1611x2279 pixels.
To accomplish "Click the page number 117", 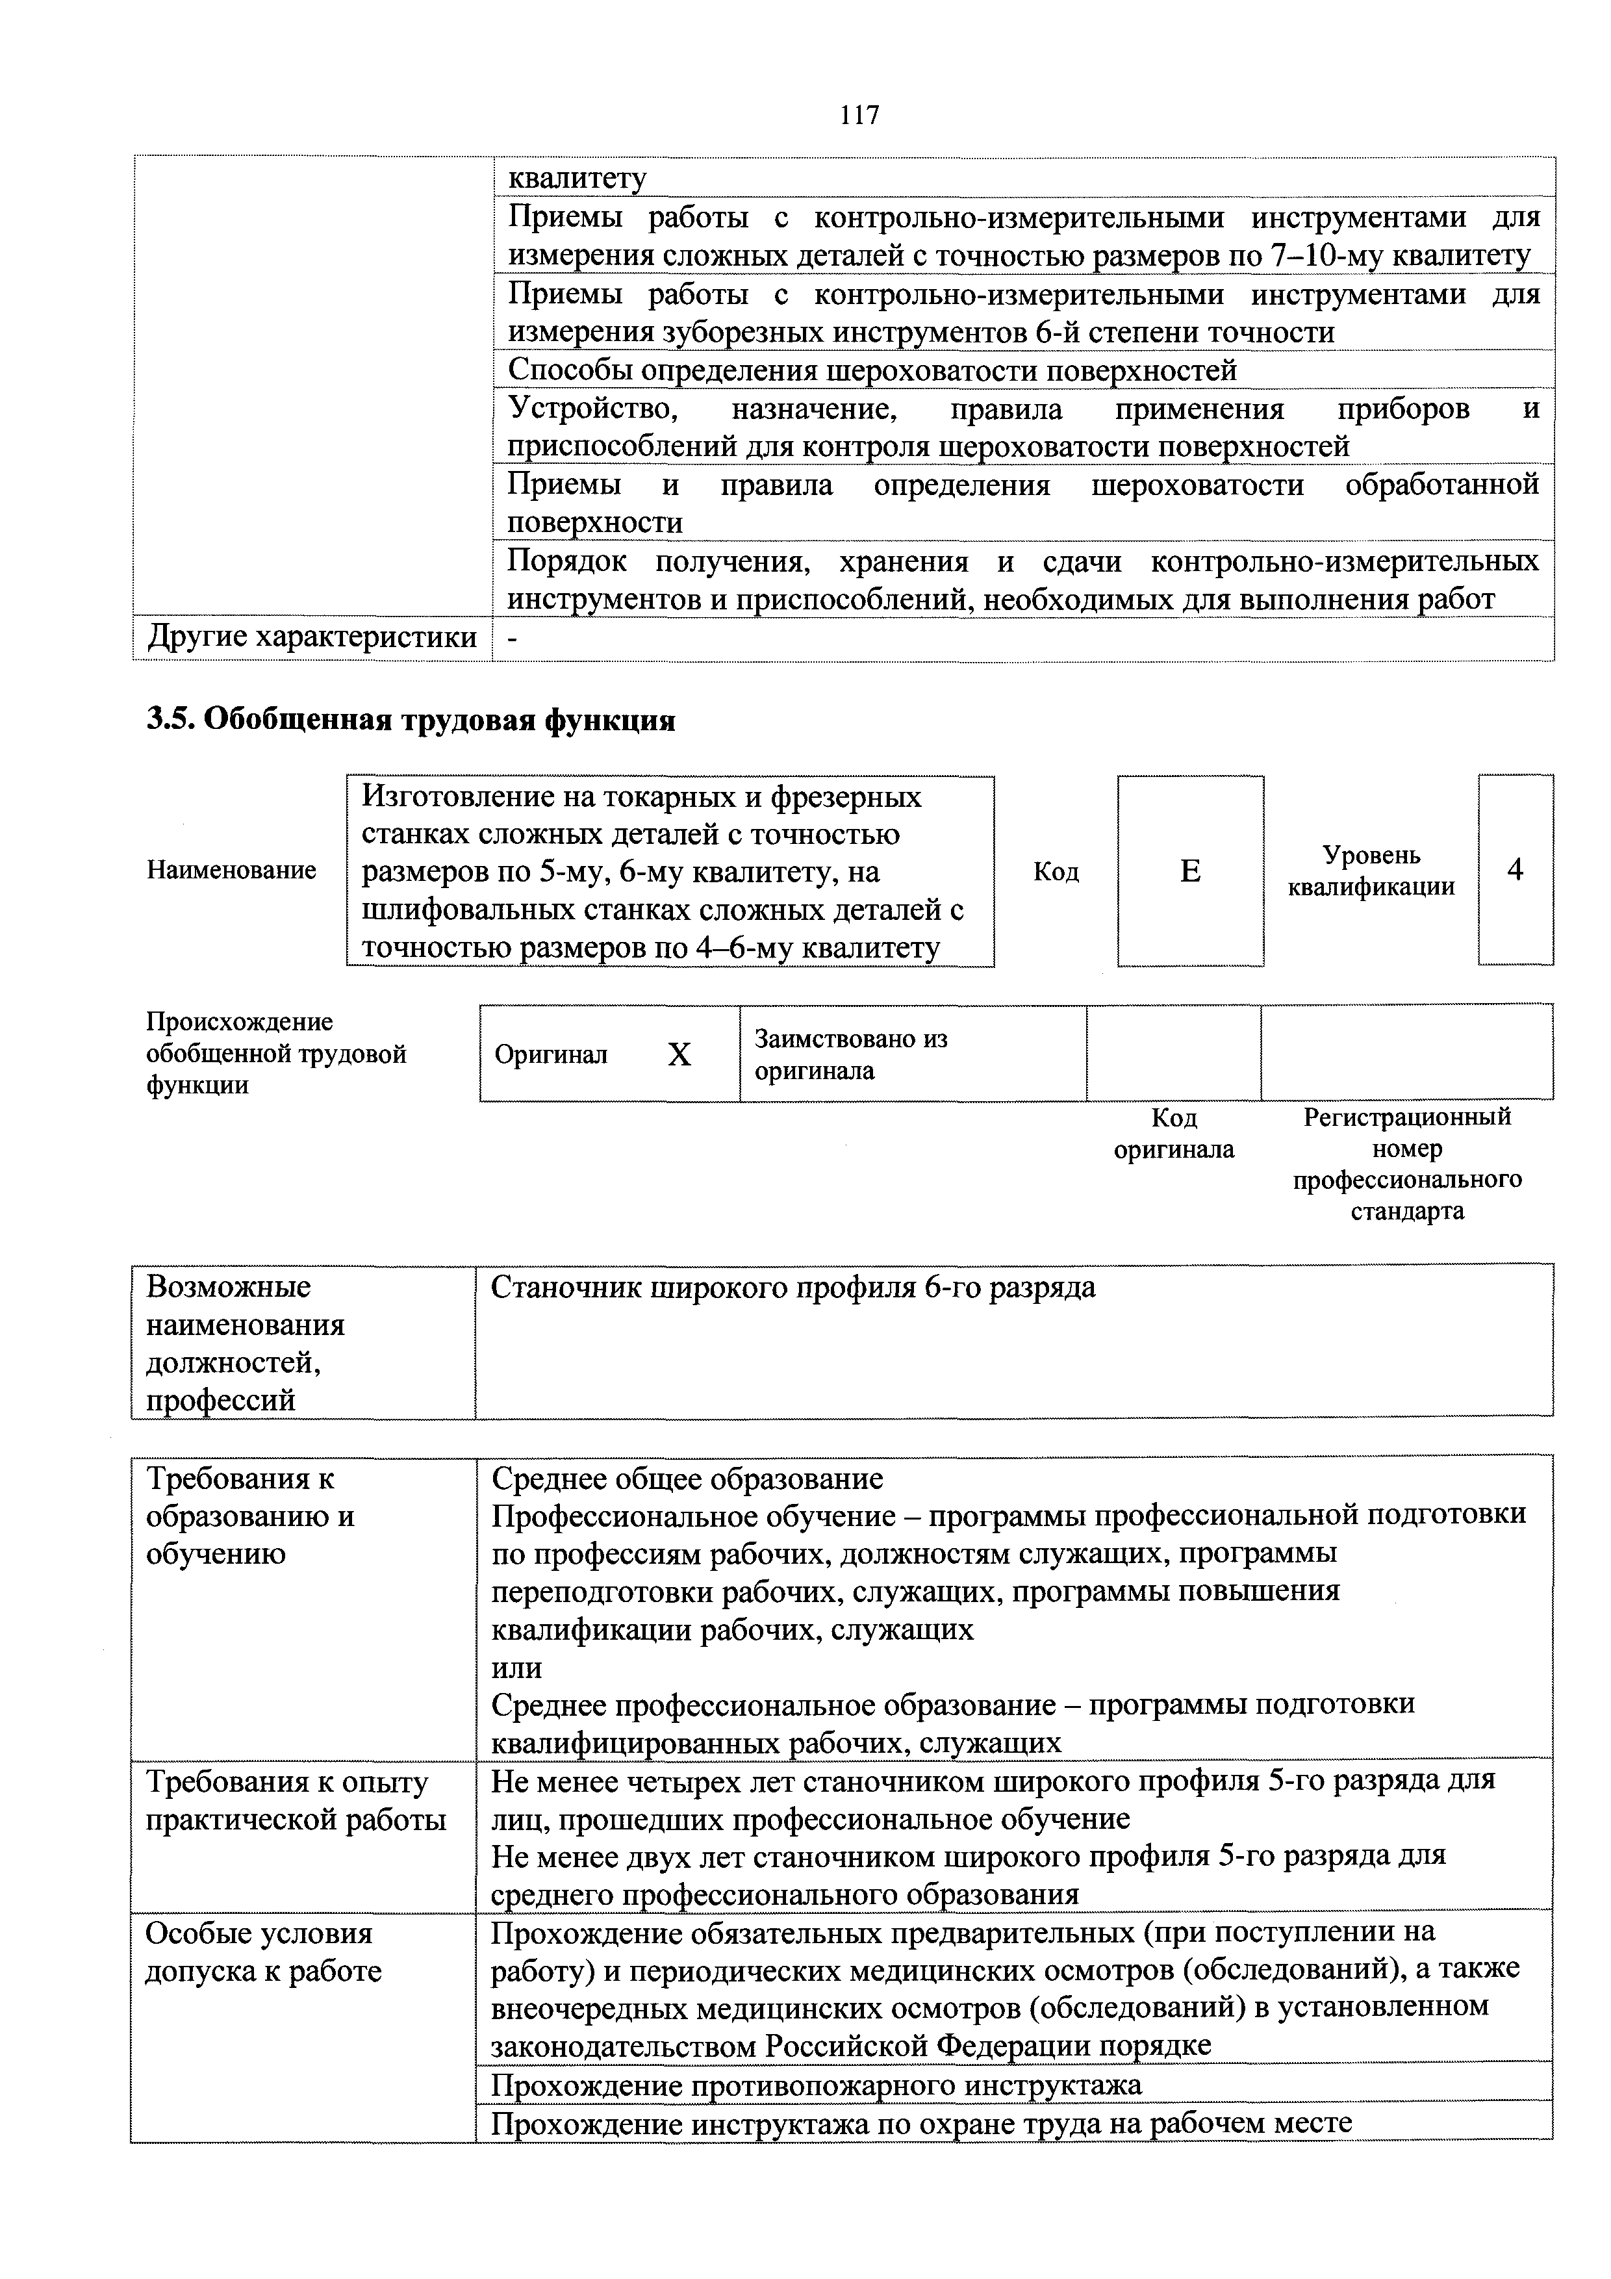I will [x=859, y=115].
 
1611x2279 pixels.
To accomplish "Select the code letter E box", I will [x=1189, y=871].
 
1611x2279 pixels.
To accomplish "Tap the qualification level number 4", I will [x=1515, y=869].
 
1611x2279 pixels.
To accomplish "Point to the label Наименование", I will [x=231, y=871].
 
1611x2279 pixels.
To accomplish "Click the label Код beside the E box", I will [x=1055, y=871].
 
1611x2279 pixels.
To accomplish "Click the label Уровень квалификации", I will [x=1371, y=871].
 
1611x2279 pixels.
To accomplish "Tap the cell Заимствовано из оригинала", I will [x=851, y=1054].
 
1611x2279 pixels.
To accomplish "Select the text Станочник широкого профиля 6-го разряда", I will [x=793, y=1288].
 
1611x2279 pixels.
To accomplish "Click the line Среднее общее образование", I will [x=687, y=1480].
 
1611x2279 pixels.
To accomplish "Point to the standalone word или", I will [x=517, y=1668].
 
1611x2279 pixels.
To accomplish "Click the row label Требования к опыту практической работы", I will [x=296, y=1801].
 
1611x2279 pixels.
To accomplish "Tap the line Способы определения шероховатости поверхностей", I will [x=872, y=370].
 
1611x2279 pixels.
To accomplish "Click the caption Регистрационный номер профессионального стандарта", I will [x=1406, y=1164].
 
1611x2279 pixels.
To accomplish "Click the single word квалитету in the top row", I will [x=577, y=179].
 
